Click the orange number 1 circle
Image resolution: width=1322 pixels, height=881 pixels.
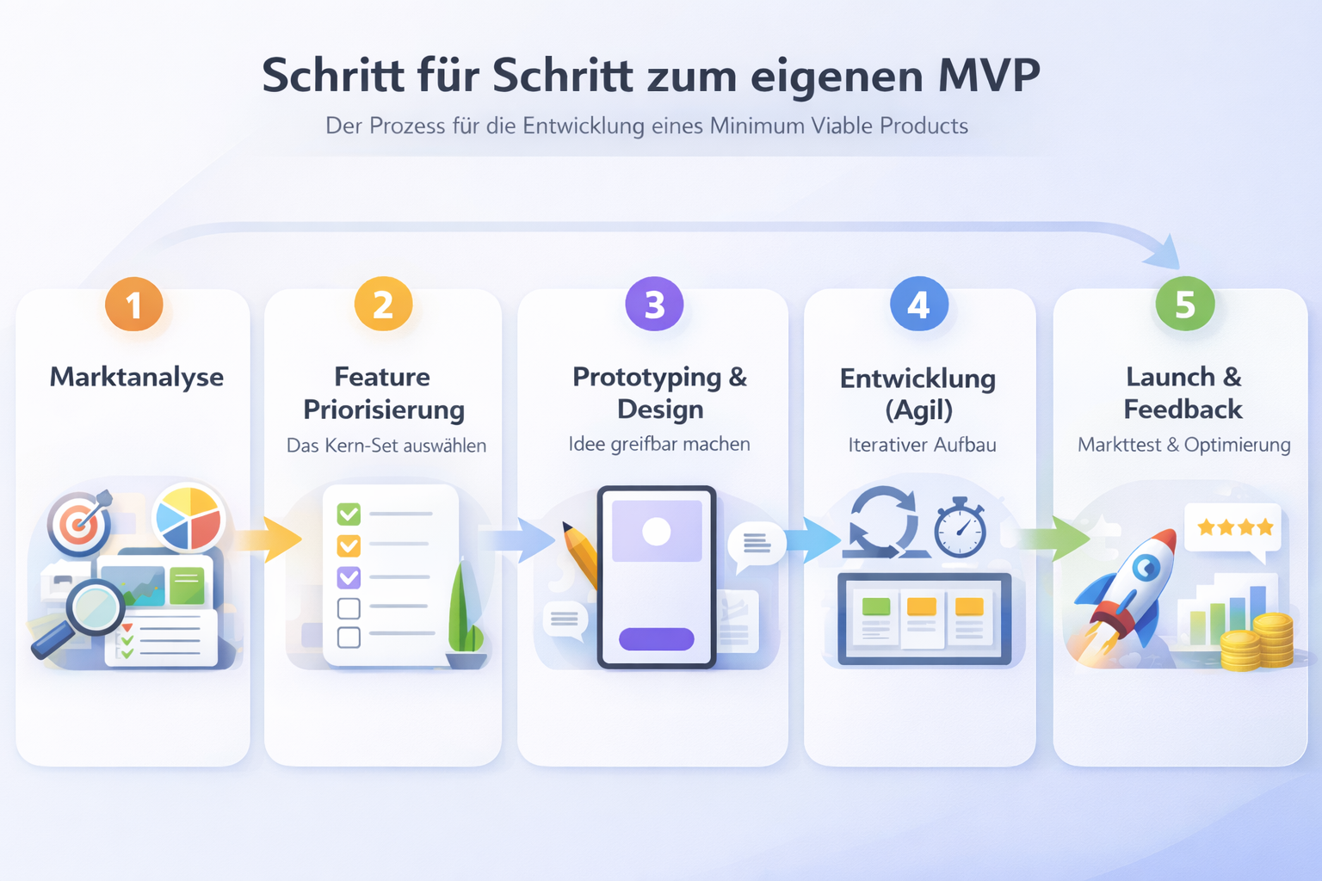134,305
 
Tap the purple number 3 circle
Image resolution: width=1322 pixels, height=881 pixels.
654,304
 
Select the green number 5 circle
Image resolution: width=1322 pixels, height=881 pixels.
1184,304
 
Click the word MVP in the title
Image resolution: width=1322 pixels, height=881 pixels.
989,76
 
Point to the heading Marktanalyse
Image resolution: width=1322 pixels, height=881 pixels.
136,377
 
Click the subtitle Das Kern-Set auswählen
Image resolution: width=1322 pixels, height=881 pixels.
386,446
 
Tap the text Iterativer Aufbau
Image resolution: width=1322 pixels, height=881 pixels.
922,445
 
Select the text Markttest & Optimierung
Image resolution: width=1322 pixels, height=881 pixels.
1183,445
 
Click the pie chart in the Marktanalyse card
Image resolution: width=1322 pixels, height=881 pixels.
188,518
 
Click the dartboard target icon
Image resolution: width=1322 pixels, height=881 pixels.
79,522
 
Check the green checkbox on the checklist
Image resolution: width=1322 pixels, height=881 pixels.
349,514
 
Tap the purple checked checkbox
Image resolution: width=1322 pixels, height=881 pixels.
349,576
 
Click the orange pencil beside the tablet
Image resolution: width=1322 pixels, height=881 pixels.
580,554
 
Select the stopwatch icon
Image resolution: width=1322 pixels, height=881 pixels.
960,529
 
